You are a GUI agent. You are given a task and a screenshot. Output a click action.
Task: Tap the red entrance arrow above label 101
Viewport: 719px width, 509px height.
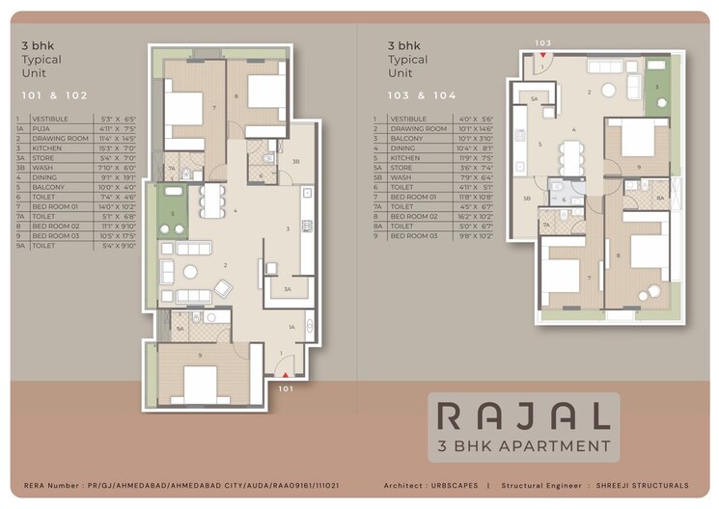tap(285, 375)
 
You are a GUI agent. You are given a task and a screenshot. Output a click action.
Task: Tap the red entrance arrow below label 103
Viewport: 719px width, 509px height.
tap(543, 58)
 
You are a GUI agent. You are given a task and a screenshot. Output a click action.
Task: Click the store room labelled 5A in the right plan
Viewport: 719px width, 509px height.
tap(537, 97)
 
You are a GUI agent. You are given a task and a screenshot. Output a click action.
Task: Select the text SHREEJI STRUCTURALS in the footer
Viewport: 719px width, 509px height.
tap(642, 485)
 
